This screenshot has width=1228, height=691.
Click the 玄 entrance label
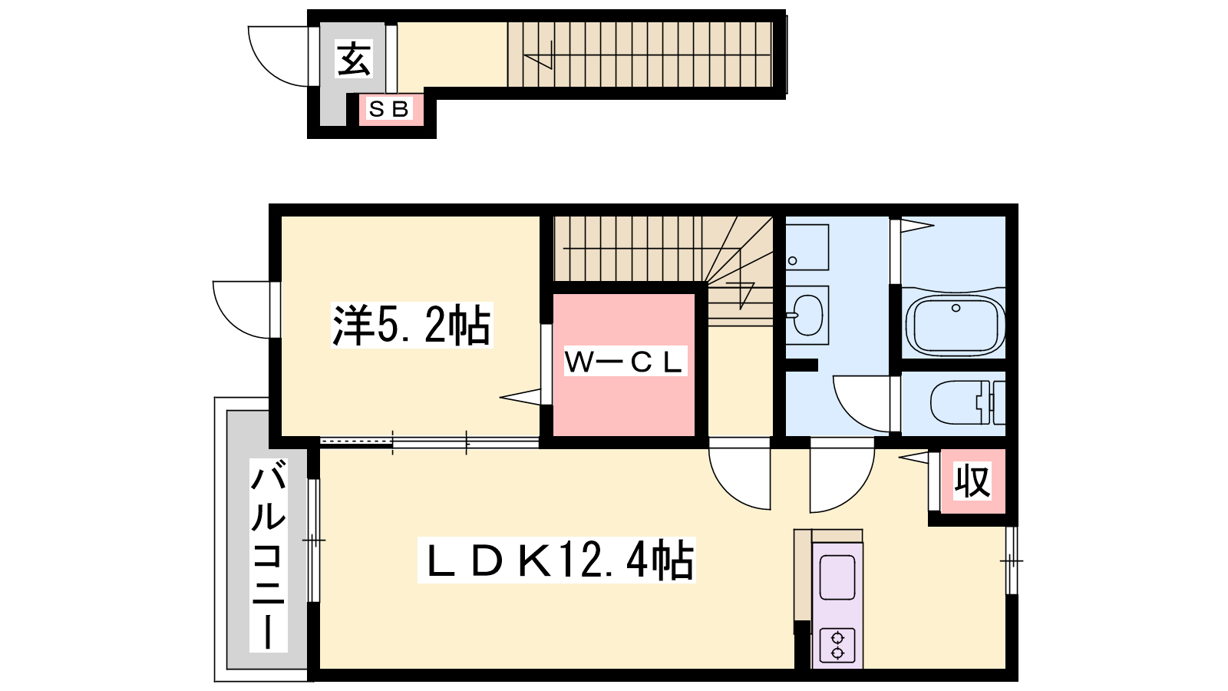click(x=354, y=58)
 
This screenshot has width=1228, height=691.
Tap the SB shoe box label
click(x=388, y=109)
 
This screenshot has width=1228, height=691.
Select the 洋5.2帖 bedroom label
click(x=411, y=326)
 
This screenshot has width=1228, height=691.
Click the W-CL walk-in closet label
click(x=626, y=362)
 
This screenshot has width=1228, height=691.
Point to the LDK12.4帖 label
click(x=556, y=560)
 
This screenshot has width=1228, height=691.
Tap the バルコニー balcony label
click(x=269, y=555)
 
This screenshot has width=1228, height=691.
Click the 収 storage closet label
click(x=972, y=481)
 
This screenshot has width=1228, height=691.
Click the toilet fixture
click(x=968, y=402)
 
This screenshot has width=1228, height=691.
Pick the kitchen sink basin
click(x=837, y=577)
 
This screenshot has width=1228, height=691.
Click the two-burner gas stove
click(x=837, y=646)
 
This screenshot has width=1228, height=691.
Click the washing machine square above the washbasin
click(x=807, y=247)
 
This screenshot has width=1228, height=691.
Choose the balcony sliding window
click(x=314, y=541)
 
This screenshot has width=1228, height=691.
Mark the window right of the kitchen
click(x=1012, y=560)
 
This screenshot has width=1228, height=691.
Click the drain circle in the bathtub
click(x=956, y=308)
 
